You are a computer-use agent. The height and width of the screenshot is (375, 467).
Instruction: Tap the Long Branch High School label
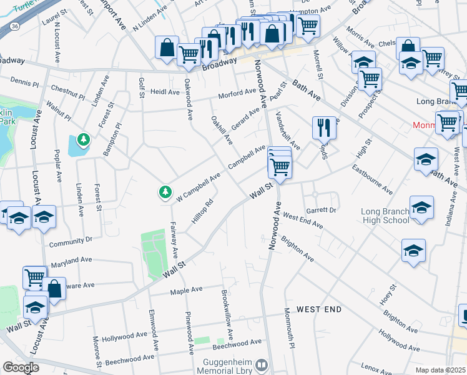(385, 216)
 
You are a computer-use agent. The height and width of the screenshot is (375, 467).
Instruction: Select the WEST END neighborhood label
(318, 309)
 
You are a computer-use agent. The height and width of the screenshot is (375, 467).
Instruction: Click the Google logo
(20, 367)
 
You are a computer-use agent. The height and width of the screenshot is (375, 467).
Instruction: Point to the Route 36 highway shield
(15, 26)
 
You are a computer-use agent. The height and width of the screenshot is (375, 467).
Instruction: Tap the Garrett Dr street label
(322, 211)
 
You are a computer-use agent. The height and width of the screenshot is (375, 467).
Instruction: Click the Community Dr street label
(71, 240)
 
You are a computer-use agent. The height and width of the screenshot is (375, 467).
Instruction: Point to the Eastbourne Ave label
(371, 179)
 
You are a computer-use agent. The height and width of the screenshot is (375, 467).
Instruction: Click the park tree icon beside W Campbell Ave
(165, 192)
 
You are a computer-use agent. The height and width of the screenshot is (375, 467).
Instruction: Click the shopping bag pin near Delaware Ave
(54, 289)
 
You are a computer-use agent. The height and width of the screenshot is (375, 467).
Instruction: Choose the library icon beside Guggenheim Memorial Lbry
(263, 364)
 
